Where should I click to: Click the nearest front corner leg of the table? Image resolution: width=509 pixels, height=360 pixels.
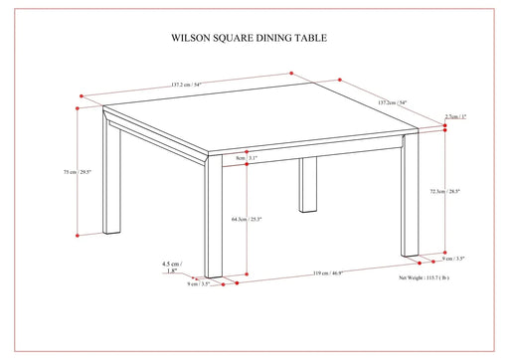pyautogui.click(x=214, y=219)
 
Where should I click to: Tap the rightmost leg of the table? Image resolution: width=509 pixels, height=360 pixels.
pyautogui.click(x=410, y=199)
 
